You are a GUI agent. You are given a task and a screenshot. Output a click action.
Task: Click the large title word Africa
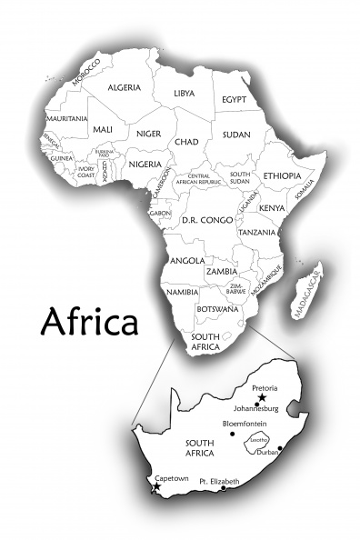90,321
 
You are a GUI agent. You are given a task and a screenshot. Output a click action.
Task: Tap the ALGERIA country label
124,87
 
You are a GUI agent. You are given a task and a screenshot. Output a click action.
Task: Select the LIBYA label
185,94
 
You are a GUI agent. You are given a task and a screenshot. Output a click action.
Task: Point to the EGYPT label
235,99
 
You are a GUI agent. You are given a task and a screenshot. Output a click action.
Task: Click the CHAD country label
186,142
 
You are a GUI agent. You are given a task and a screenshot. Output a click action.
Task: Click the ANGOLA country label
187,261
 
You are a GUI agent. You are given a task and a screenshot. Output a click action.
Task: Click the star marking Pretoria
262,398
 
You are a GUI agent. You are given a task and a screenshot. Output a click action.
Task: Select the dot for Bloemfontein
232,434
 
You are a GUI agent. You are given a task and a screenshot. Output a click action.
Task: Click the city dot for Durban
280,448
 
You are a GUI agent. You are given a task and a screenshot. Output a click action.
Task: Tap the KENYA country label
271,208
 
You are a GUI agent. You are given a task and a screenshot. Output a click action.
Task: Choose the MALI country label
102,130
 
